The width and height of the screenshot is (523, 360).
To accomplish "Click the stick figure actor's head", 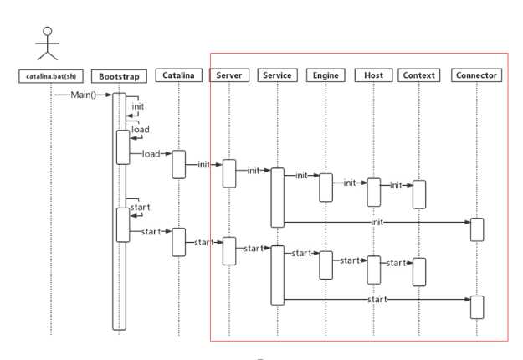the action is point(48,31).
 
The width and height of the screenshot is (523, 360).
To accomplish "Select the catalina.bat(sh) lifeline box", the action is point(51,76).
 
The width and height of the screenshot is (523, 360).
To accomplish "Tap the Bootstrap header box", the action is point(119,76).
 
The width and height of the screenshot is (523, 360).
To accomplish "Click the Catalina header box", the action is point(179,75).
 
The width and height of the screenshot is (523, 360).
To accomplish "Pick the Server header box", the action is point(229,75).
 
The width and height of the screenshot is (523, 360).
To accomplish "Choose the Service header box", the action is point(277,75).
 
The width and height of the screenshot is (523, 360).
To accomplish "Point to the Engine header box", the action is point(326,75).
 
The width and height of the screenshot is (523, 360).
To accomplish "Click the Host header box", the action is point(373,75).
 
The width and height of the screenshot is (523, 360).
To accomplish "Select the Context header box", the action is point(419,75).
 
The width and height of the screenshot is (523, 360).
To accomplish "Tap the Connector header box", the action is point(477,75).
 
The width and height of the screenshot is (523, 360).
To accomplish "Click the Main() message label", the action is point(84,95).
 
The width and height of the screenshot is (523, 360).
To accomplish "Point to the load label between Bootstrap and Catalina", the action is point(151,154).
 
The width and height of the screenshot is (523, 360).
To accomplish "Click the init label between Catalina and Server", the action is point(204,164).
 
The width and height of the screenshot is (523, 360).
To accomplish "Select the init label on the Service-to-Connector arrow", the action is point(377,222).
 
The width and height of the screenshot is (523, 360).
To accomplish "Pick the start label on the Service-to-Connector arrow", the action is point(377,300).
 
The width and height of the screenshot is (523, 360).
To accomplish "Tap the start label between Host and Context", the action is point(396,263).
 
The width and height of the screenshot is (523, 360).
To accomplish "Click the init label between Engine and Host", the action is point(350,183).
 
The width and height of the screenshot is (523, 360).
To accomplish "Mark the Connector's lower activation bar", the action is point(477,307).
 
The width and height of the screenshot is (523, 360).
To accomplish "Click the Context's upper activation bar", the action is point(419,194).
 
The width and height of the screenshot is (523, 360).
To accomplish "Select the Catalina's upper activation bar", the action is point(179,164).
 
